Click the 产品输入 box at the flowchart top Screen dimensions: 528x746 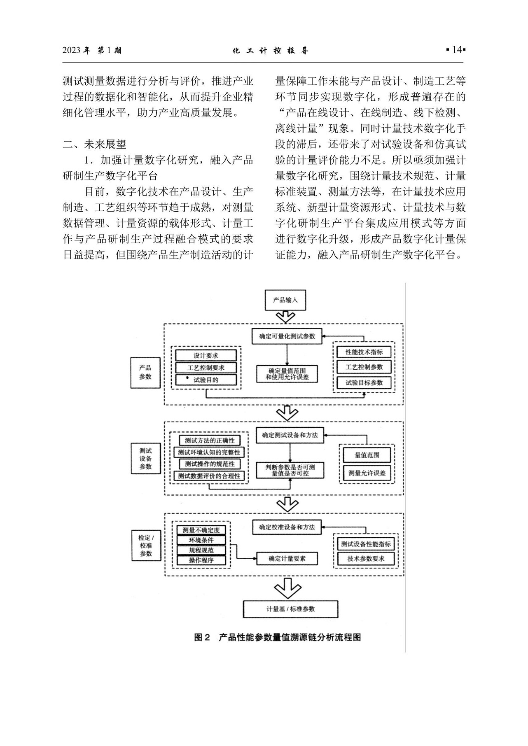point(285,300)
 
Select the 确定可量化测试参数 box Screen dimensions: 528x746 point(287,336)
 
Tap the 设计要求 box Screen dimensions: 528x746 point(206,355)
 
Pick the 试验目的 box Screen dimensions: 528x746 point(206,380)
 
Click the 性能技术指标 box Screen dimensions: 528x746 point(364,352)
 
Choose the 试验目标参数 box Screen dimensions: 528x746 point(364,382)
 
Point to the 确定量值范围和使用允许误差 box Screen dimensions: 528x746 point(287,373)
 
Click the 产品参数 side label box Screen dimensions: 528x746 point(145,372)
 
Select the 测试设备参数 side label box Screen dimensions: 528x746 point(145,459)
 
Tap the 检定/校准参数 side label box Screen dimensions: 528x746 point(145,545)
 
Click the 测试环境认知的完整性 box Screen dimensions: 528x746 point(209,452)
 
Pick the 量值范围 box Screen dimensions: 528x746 point(367,455)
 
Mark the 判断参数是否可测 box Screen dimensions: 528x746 point(290,470)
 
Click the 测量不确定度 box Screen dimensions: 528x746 point(201,530)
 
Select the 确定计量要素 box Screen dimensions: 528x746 point(287,558)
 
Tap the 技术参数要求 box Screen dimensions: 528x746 point(366,559)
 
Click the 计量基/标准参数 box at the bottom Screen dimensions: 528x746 point(290,609)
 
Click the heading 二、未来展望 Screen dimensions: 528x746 point(94,145)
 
